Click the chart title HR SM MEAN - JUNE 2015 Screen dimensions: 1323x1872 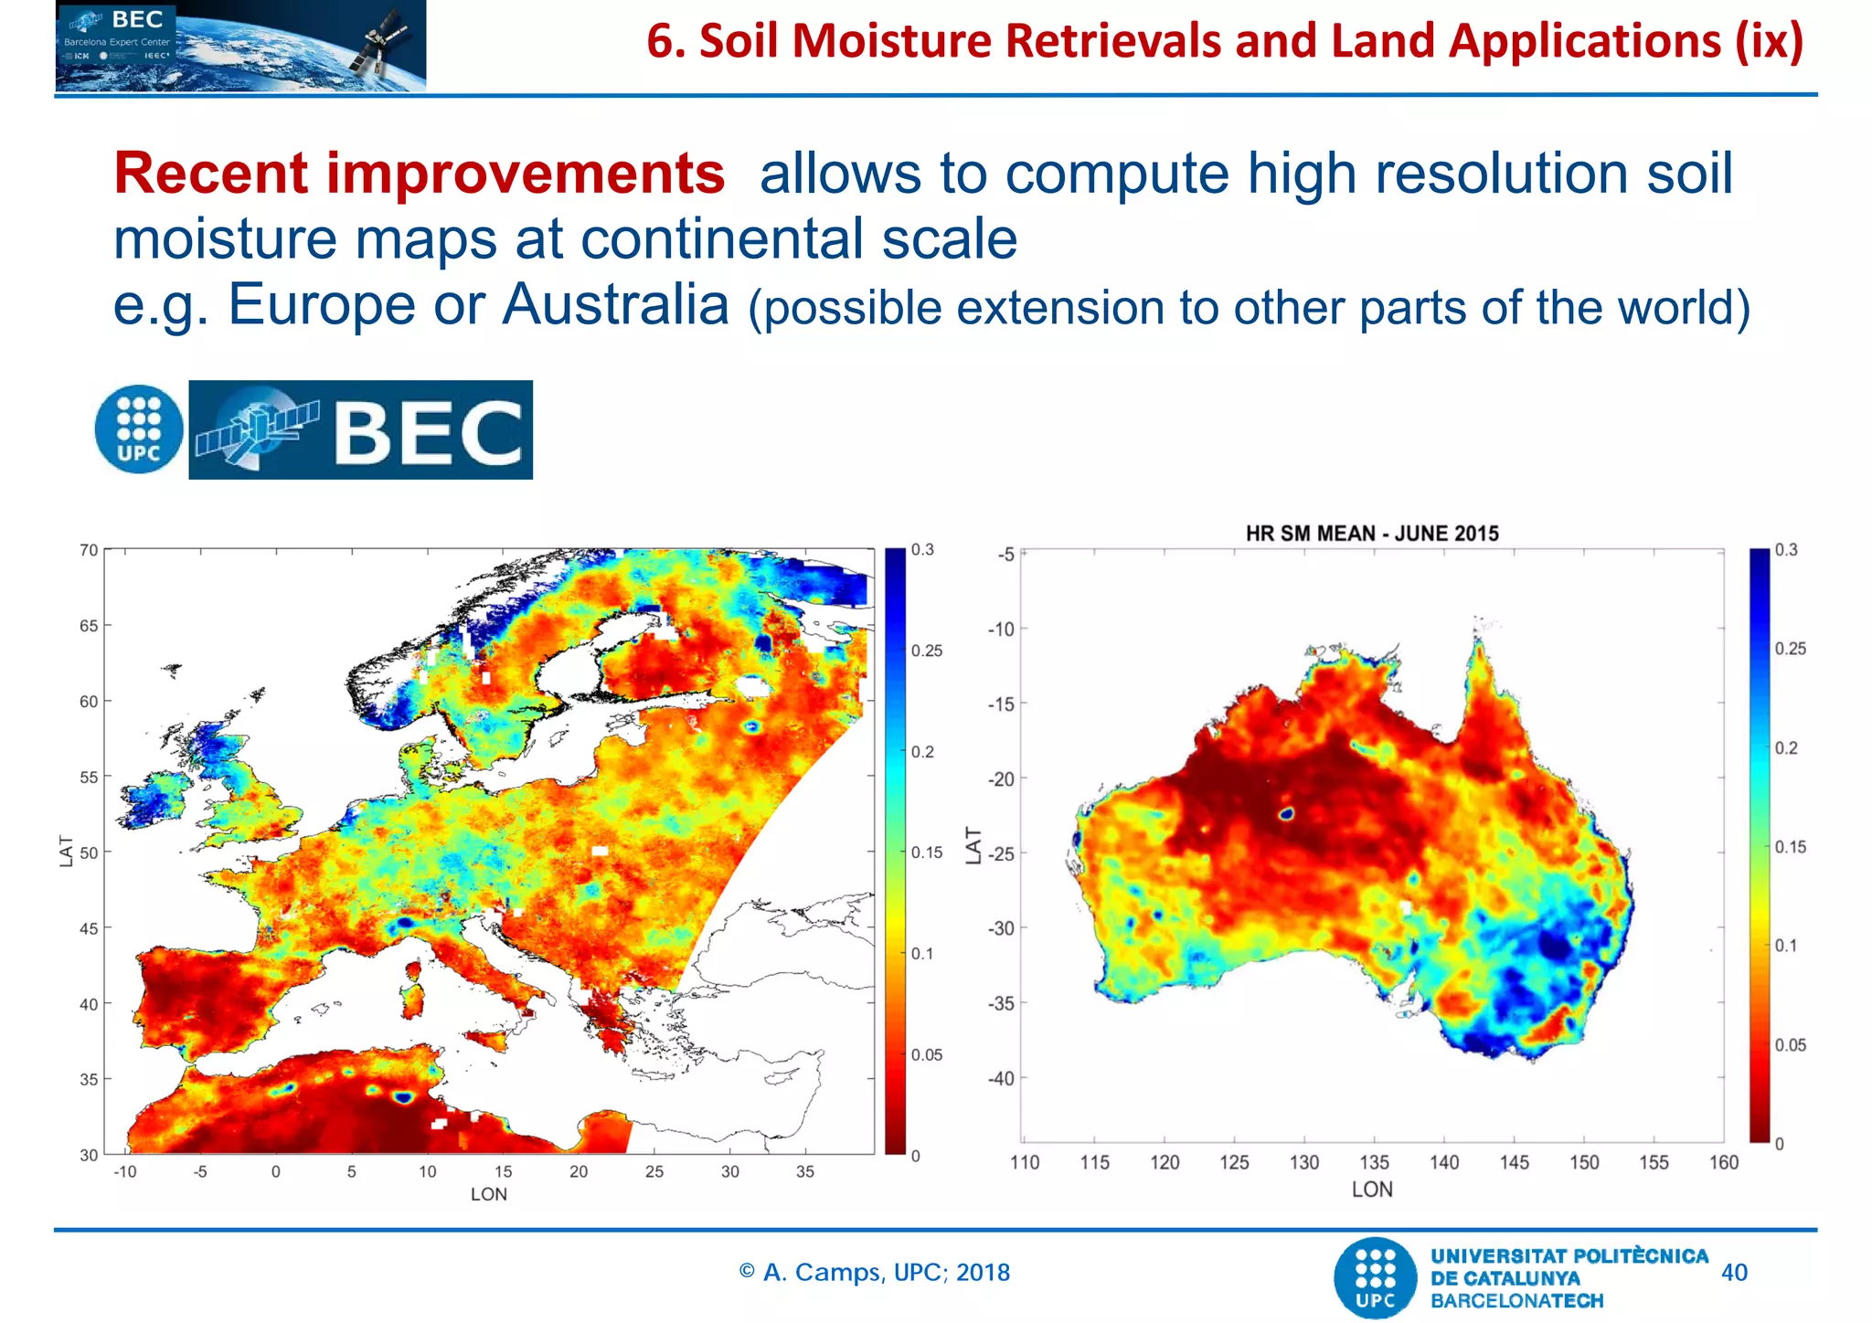pyautogui.click(x=1371, y=534)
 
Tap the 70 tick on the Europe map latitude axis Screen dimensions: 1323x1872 pyautogui.click(x=88, y=550)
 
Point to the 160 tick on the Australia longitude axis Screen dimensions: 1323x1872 pyautogui.click(x=1723, y=1162)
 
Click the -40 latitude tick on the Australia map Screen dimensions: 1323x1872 pyautogui.click(x=1001, y=1078)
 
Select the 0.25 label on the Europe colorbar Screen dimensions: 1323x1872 pyautogui.click(x=926, y=651)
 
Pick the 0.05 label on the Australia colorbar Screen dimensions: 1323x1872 pyautogui.click(x=1790, y=1044)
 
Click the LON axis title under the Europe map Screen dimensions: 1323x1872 pyautogui.click(x=488, y=1194)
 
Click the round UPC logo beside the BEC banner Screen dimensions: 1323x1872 pyautogui.click(x=139, y=429)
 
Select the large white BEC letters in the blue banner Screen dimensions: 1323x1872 pyautogui.click(x=428, y=432)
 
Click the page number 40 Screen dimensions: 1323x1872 pyautogui.click(x=1733, y=1273)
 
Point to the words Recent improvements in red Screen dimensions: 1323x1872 pyautogui.click(x=419, y=174)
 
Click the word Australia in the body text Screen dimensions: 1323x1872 pyautogui.click(x=615, y=304)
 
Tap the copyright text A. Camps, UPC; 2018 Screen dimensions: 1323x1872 pyautogui.click(x=875, y=1272)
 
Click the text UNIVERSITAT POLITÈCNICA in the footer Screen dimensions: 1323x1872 pyautogui.click(x=1569, y=1256)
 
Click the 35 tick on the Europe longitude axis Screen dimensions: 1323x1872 pyautogui.click(x=804, y=1171)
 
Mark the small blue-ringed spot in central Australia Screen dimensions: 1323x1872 pyautogui.click(x=1285, y=812)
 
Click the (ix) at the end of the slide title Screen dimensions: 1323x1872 pyautogui.click(x=1770, y=41)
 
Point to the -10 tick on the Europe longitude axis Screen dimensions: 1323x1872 pyautogui.click(x=124, y=1171)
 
